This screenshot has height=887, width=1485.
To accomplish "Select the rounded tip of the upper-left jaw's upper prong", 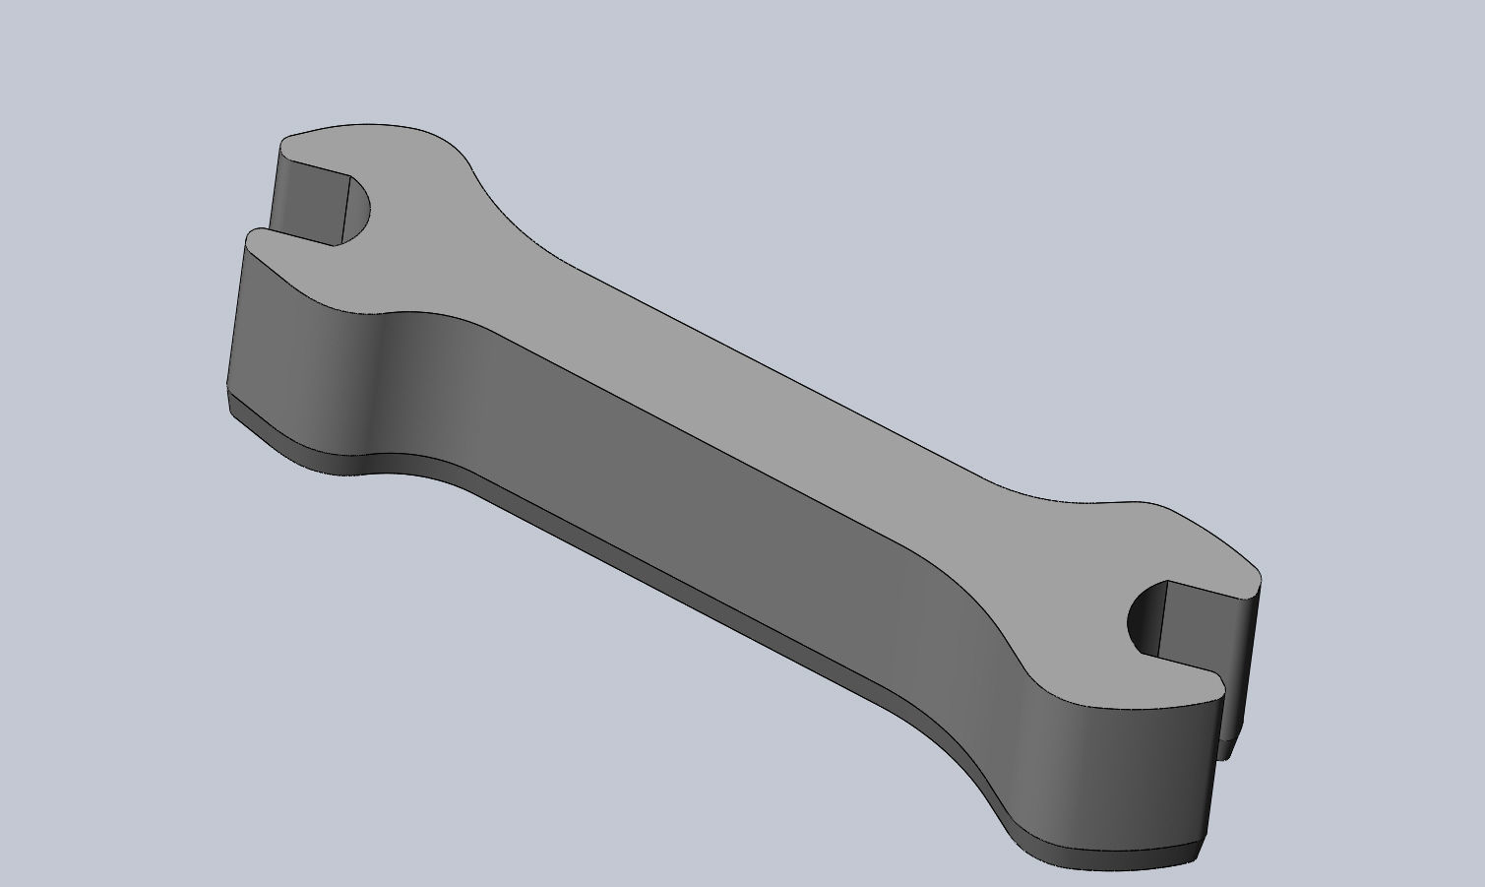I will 287,143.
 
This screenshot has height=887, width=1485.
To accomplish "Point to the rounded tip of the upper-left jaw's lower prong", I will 254,236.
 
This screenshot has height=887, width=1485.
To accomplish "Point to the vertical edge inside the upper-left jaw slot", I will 347,211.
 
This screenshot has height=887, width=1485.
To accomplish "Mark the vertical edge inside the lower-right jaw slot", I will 1164,618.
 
